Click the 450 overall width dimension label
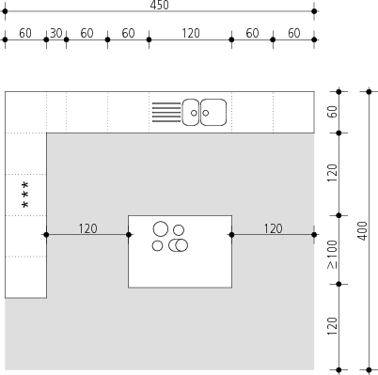point(160,5)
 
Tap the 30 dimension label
point(56,33)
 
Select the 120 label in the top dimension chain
point(191,33)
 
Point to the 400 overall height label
point(363,231)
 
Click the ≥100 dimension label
point(332,255)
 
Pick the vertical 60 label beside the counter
point(332,112)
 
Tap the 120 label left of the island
point(87,228)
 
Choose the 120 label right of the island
point(273,228)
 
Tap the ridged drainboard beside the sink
point(166,112)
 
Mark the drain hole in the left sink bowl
point(194,113)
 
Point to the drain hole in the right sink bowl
point(206,113)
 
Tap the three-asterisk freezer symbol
point(25,195)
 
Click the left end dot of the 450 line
point(5,11)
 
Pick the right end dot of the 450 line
point(314,11)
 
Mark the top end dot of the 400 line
point(369,92)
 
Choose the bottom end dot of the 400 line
point(369,370)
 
